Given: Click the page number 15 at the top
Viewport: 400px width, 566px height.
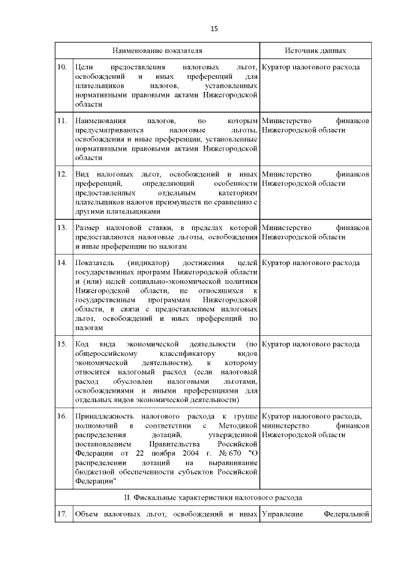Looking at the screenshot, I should click(213, 29).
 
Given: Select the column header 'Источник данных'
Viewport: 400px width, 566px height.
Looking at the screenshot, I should click(316, 50).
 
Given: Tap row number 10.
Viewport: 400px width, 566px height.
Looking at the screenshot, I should click(62, 66).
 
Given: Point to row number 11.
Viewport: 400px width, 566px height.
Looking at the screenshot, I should click(62, 119).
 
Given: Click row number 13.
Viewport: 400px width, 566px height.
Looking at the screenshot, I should click(62, 227).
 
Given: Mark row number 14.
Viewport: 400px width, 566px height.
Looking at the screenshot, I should click(62, 262).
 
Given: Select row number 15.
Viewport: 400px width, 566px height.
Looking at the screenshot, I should click(62, 344).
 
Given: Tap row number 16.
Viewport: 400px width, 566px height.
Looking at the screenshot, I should click(62, 416).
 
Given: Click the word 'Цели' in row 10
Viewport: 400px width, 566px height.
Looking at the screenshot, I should click(83, 66).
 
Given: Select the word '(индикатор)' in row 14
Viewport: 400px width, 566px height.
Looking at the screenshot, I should click(150, 262).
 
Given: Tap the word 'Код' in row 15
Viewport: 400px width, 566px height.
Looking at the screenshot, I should click(81, 344).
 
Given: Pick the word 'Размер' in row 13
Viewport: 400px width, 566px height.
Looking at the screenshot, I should click(87, 227).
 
